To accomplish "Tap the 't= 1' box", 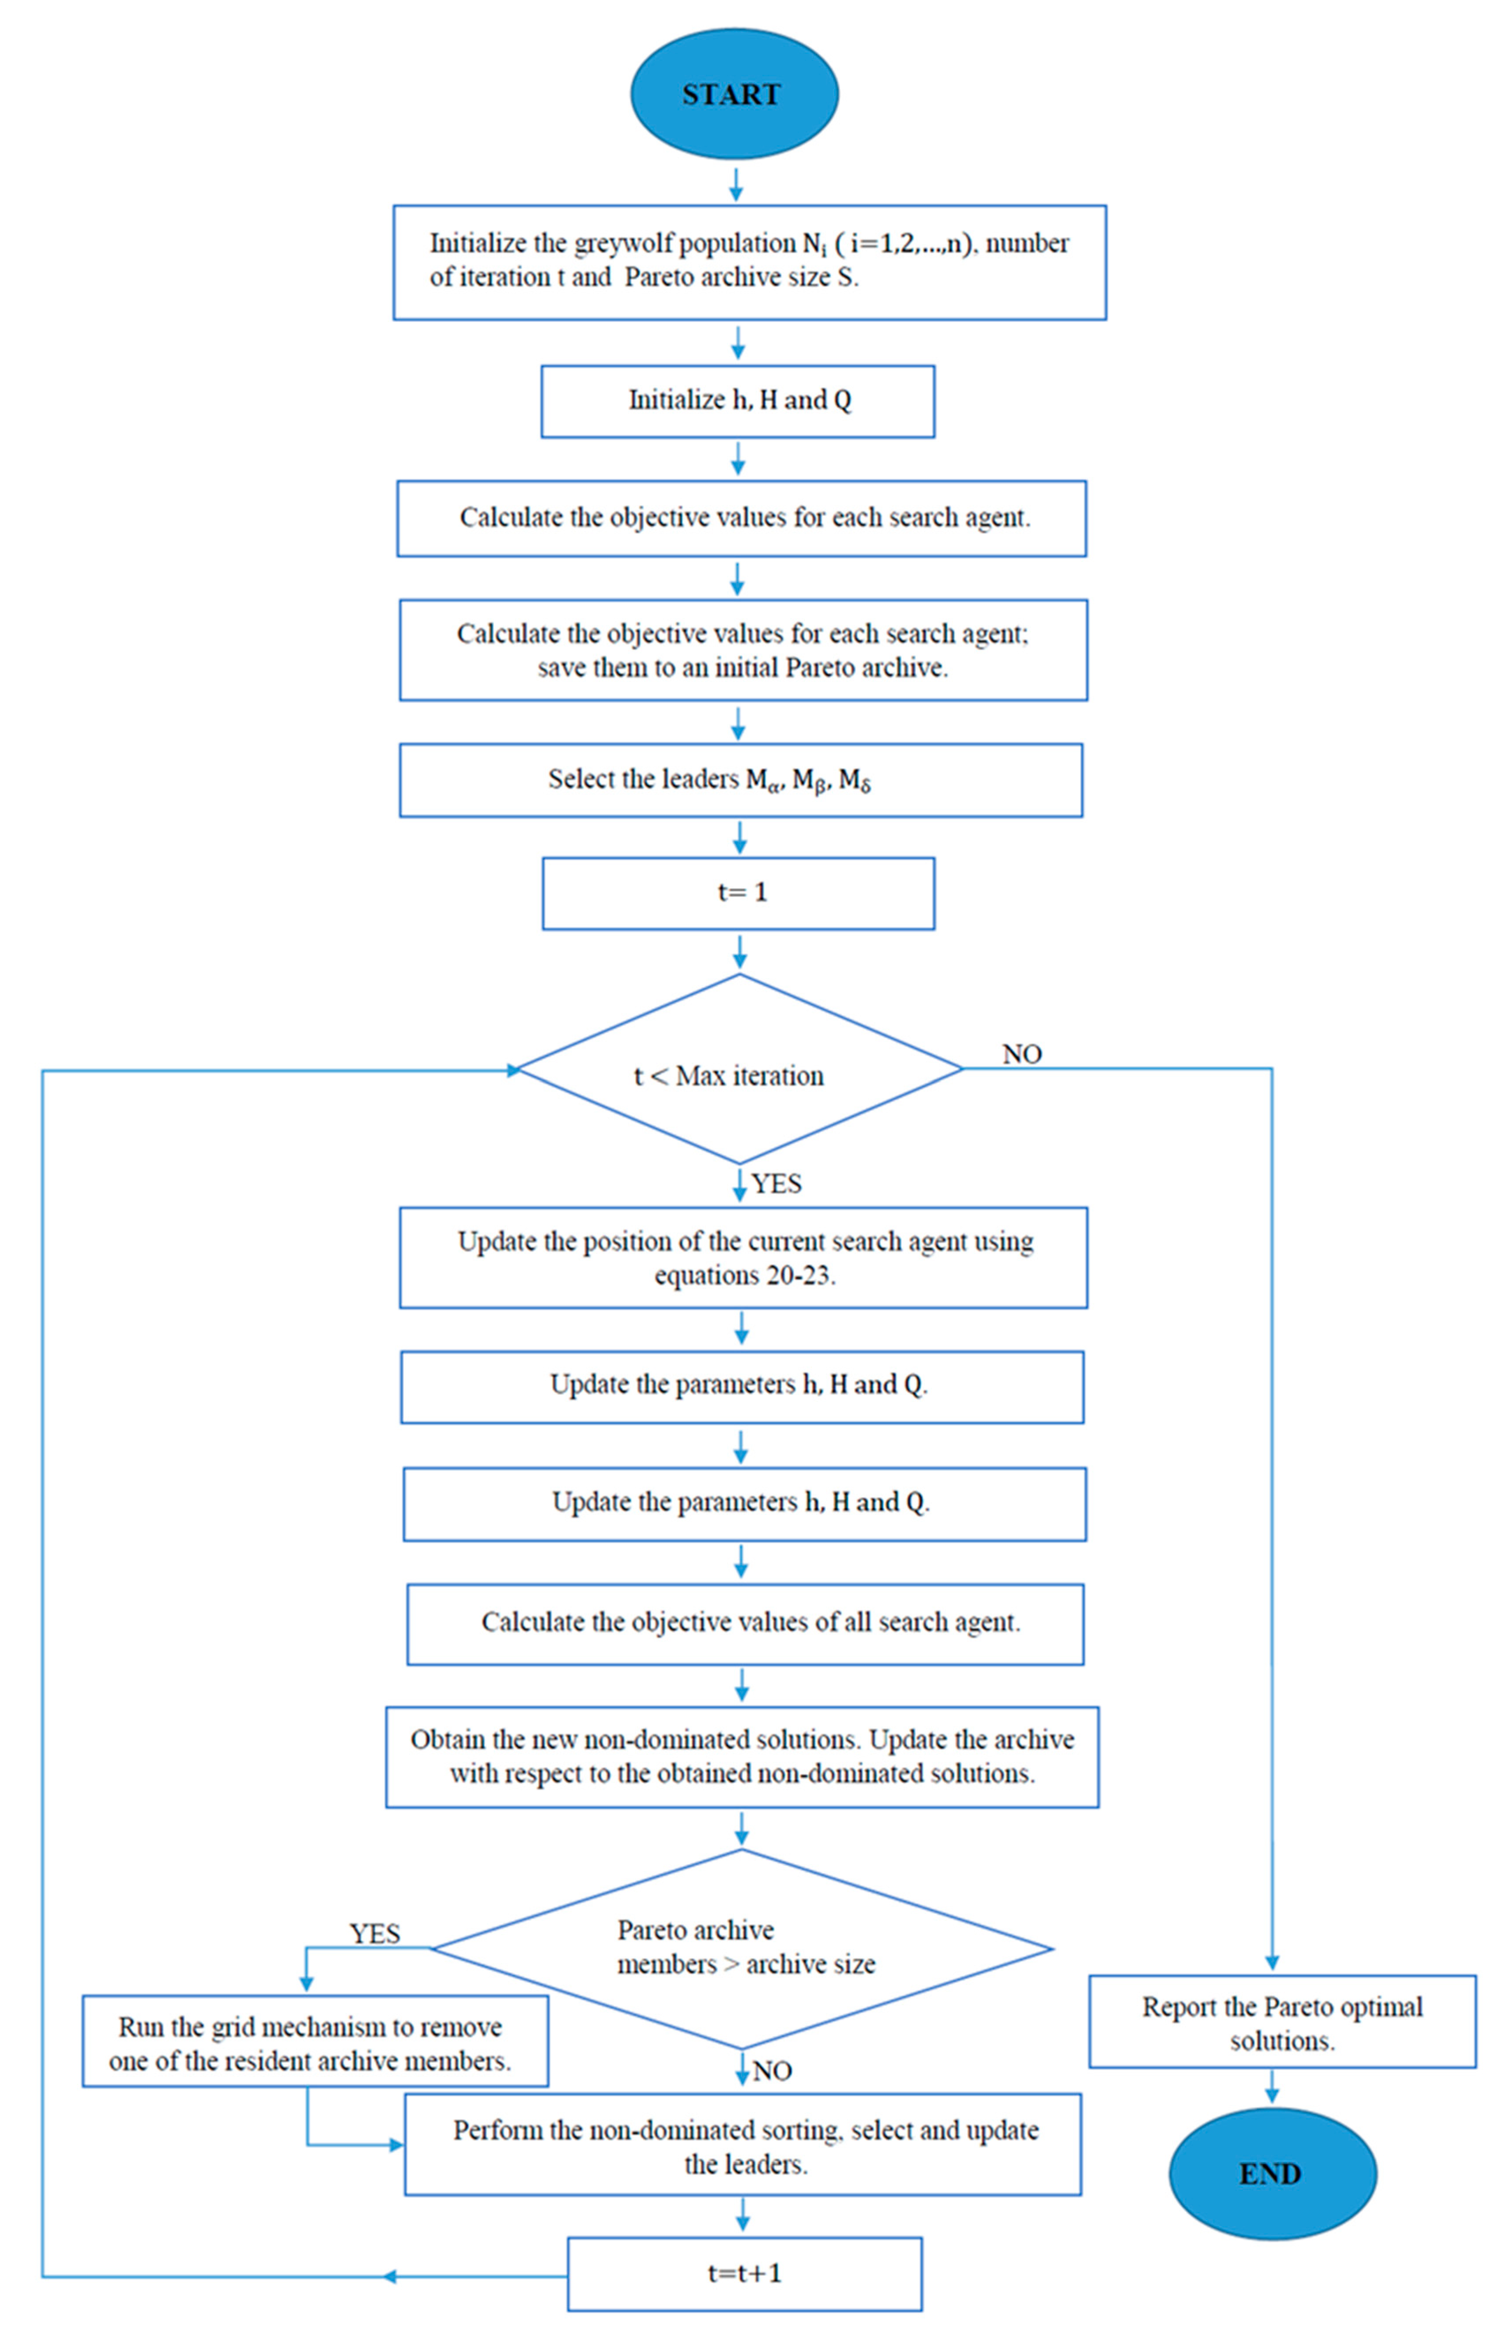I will pos(738,893).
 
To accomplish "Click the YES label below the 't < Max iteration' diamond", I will pos(776,1183).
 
